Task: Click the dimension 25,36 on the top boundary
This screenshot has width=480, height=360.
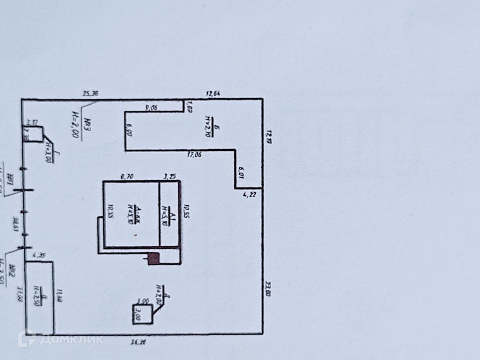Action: point(90,94)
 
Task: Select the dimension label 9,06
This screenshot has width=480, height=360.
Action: point(151,108)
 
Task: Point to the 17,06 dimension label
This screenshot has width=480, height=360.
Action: point(195,154)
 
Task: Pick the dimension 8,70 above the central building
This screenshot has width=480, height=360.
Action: point(127,176)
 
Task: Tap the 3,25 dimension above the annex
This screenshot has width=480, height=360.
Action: point(171,176)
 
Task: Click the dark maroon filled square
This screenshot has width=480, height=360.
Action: point(153,259)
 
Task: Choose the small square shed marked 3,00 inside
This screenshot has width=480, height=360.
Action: point(142,314)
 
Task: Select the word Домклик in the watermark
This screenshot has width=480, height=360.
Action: point(71,340)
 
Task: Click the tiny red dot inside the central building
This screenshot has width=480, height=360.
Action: point(136,235)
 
